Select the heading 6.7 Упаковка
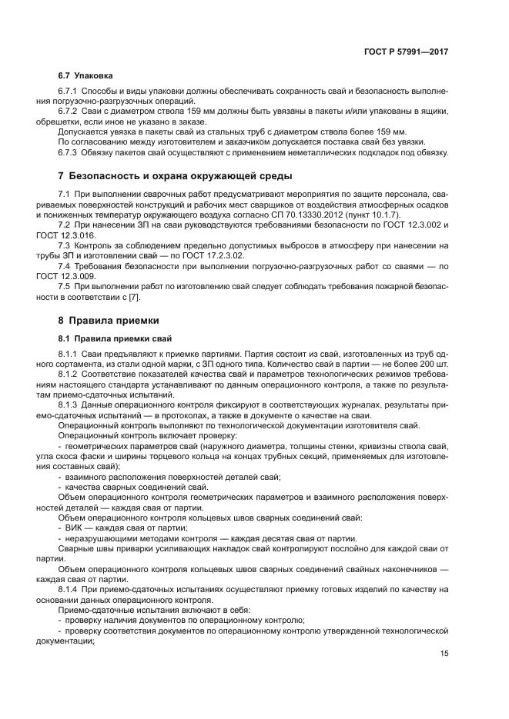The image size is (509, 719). [85, 76]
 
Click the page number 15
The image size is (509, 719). [443, 654]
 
